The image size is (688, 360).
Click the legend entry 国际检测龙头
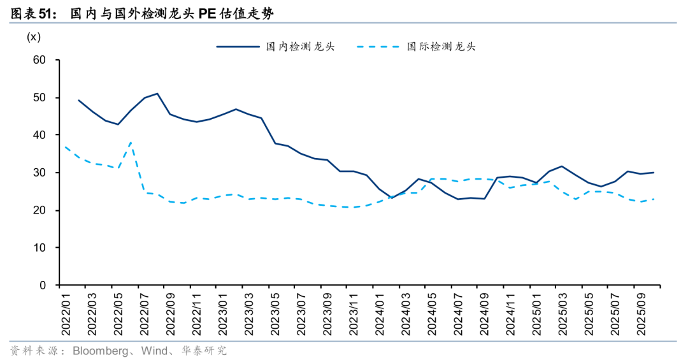[441, 47]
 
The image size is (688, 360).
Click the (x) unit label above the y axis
[33, 37]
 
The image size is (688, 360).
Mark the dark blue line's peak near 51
[157, 94]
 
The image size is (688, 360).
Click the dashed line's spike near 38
[131, 143]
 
